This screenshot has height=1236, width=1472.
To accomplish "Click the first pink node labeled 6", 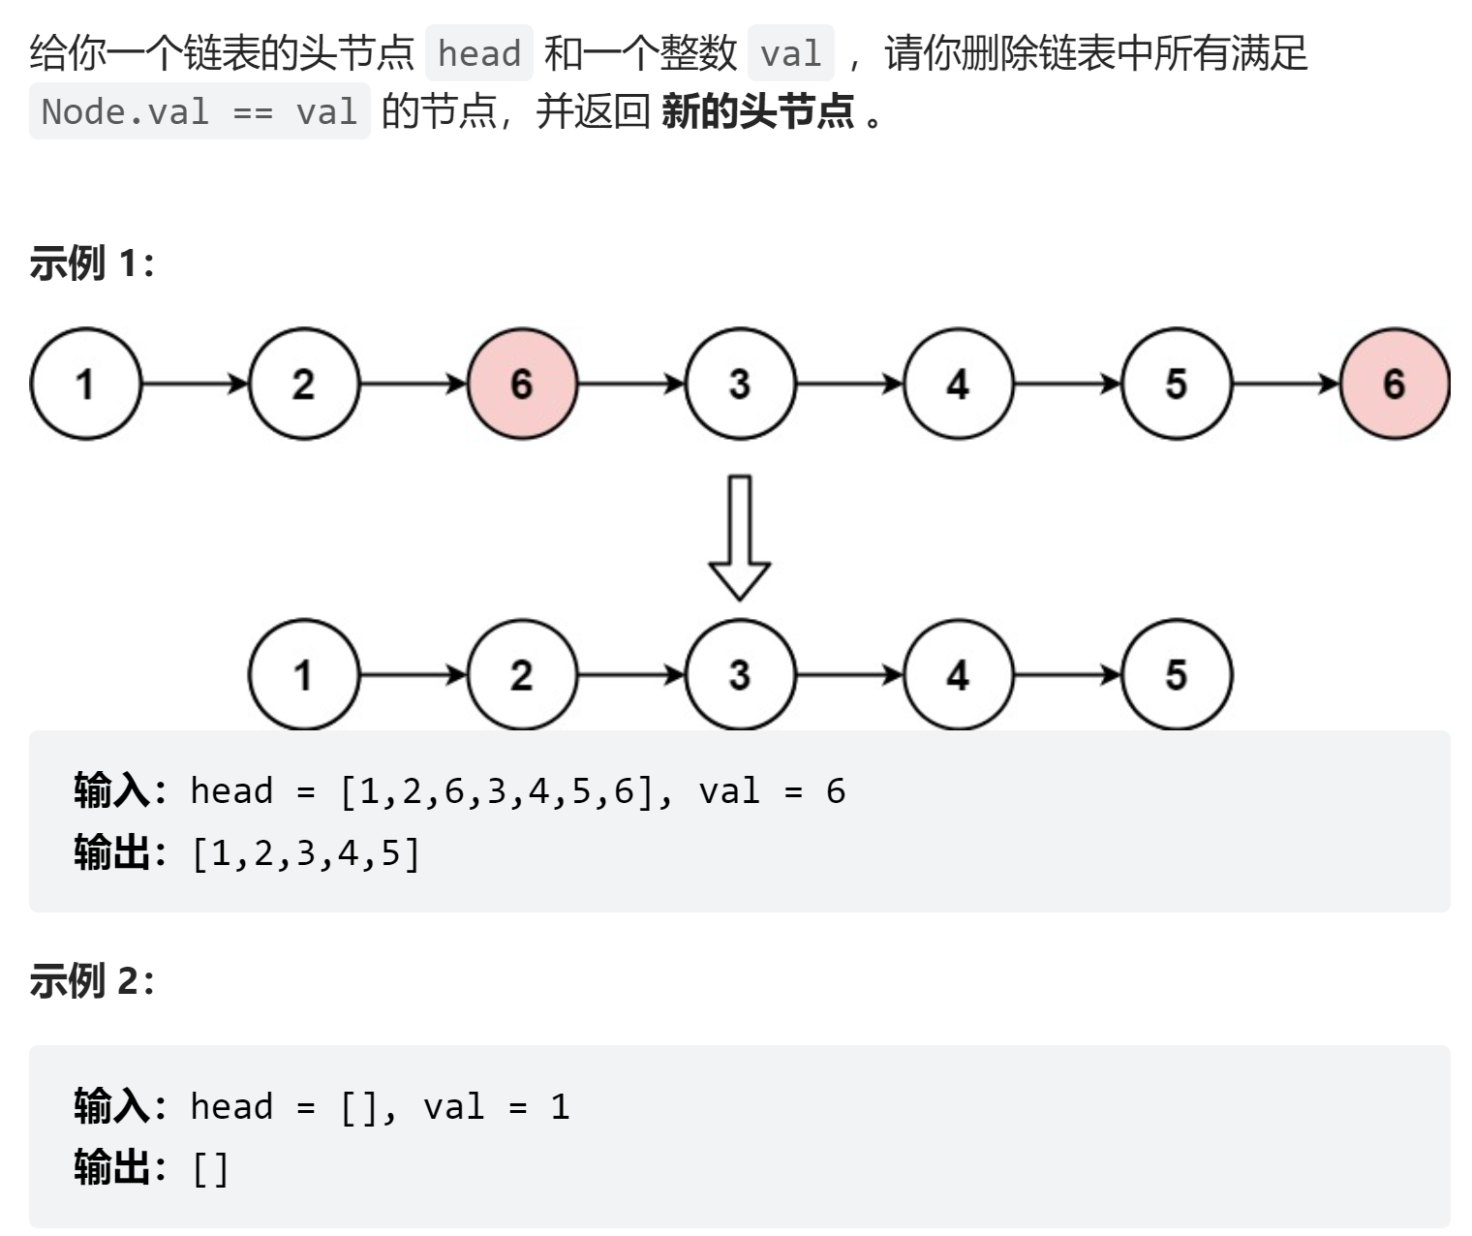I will pos(522,384).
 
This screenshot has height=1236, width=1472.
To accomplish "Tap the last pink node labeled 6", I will pos(1394,384).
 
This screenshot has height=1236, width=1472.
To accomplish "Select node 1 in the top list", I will pos(85,384).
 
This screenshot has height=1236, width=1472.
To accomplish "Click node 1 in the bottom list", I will pos(303,674).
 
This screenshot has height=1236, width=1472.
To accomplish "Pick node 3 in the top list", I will pos(740,384).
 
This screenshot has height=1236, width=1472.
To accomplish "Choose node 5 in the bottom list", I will pos(1176,674).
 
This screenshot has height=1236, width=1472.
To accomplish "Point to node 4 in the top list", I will pos(958,384).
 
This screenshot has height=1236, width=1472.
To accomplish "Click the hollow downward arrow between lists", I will pos(740,537).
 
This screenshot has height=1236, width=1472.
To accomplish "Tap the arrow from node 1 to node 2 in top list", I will pos(195,384).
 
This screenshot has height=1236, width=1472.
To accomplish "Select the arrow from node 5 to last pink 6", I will pos(1285,384).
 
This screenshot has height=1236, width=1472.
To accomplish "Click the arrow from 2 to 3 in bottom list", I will pos(630,674).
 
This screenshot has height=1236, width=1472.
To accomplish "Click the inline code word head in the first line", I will pos(479,53).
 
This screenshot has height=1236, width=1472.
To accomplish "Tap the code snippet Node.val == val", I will pos(199,111).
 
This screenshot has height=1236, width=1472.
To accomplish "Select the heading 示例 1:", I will pos(92,263).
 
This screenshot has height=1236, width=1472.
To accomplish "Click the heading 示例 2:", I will pos(92,980).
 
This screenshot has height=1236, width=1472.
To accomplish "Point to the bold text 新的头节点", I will pos(757,111).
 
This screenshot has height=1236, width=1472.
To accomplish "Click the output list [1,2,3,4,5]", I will pos(306,853).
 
